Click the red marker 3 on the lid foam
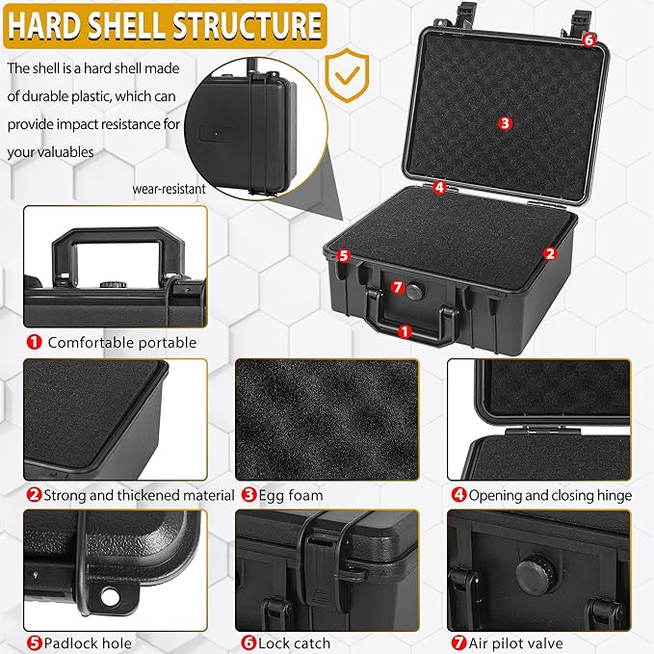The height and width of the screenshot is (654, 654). pyautogui.click(x=505, y=122)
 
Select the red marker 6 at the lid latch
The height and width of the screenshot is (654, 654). pyautogui.click(x=589, y=39)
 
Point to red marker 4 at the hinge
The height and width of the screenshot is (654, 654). pyautogui.click(x=439, y=188)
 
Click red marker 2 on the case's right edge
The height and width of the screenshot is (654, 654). pyautogui.click(x=550, y=254)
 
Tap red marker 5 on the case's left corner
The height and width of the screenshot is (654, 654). pyautogui.click(x=342, y=256)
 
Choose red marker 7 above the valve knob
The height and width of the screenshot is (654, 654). pyautogui.click(x=397, y=287)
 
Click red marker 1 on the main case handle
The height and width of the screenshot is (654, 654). pyautogui.click(x=404, y=330)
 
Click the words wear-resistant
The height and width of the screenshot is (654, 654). pyautogui.click(x=170, y=190)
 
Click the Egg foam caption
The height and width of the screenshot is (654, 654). pyautogui.click(x=290, y=495)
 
